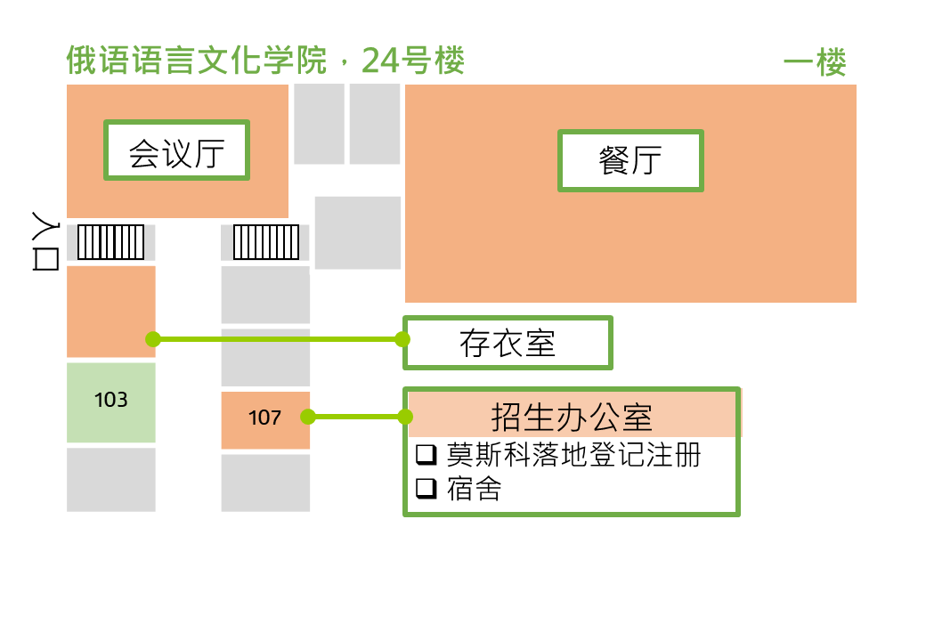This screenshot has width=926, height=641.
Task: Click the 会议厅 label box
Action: [176, 150]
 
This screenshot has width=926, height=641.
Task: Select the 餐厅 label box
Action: [630, 160]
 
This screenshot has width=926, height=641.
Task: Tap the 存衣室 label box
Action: [508, 343]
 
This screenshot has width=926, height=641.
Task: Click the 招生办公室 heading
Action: [572, 417]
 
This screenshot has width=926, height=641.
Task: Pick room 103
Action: [111, 402]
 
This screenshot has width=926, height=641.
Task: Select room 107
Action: [265, 419]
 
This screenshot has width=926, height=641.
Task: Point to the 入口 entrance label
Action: [45, 240]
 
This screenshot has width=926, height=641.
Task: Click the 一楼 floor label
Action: [815, 62]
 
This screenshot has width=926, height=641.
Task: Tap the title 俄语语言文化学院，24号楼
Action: [265, 61]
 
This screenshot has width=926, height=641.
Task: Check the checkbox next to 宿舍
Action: [426, 488]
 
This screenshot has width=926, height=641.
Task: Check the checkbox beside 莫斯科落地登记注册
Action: [426, 454]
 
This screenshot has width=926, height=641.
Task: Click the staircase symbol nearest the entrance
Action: [111, 242]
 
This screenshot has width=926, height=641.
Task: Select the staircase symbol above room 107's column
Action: [265, 242]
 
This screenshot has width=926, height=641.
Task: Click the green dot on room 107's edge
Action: [308, 417]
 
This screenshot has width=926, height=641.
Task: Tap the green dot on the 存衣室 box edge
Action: [402, 339]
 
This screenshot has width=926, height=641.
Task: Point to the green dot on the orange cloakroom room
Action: [153, 339]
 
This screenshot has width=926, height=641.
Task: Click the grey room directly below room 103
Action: [111, 479]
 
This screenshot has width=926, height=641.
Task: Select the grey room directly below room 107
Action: [265, 483]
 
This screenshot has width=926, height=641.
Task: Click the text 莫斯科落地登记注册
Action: [573, 454]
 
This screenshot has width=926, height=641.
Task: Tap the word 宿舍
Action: [475, 489]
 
